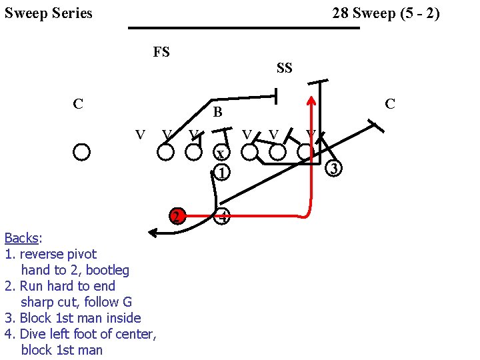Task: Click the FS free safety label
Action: click(161, 52)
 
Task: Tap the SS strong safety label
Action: click(285, 68)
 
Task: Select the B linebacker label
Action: click(217, 113)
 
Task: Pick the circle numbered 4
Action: click(223, 217)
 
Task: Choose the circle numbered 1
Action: click(222, 172)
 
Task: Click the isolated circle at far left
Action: click(81, 152)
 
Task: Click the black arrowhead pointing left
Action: click(153, 233)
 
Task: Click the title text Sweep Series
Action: click(49, 13)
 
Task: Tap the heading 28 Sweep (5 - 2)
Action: click(386, 13)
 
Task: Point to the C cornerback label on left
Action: click(78, 104)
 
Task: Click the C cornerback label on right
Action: click(390, 104)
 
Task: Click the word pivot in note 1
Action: click(81, 254)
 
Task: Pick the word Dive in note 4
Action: click(32, 334)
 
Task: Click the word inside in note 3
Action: click(121, 318)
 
